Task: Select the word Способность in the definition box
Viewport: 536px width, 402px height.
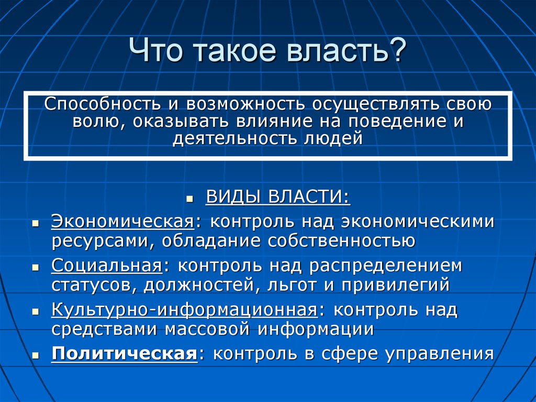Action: click(x=102, y=104)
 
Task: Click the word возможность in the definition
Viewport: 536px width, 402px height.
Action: click(x=245, y=104)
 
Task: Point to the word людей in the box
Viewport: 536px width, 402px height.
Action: click(x=333, y=138)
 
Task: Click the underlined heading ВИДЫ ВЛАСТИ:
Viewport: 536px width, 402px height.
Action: click(x=278, y=197)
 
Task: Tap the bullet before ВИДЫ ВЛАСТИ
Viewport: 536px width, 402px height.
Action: click(x=190, y=199)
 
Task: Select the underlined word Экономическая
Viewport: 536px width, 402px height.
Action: click(x=122, y=221)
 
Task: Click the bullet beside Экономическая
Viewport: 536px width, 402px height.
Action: click(x=35, y=223)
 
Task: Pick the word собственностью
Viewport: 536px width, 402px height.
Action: click(x=341, y=241)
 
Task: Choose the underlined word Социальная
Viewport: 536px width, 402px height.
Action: click(x=107, y=265)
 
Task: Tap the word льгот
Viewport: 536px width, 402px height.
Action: click(x=292, y=285)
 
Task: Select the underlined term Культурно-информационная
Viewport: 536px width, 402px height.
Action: click(x=185, y=310)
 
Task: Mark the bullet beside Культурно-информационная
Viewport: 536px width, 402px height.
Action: click(x=35, y=312)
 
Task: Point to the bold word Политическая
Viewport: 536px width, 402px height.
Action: click(x=125, y=354)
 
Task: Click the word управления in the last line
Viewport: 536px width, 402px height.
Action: click(x=440, y=354)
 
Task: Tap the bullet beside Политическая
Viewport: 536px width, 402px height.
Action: click(x=35, y=356)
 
